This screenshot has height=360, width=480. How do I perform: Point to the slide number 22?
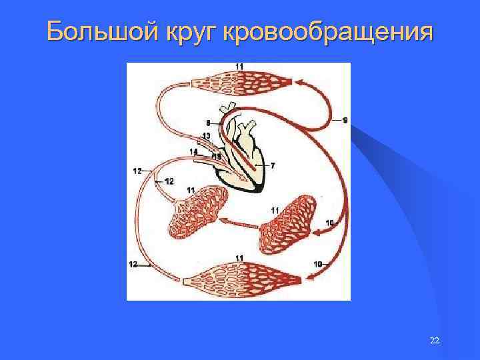tap(435, 341)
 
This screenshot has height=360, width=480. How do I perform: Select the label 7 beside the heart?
tap(272, 165)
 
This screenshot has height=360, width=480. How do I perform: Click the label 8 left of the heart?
tap(208, 123)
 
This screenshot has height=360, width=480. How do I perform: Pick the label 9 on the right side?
tap(345, 120)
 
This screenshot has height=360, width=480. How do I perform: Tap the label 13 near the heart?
tap(206, 136)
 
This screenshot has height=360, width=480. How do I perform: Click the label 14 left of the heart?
tap(193, 151)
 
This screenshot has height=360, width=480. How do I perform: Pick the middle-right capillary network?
tap(289, 221)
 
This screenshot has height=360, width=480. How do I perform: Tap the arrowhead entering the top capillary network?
tap(299, 83)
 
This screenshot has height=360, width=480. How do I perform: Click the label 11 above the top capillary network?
tap(239, 66)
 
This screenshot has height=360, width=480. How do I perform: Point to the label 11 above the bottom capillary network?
tap(239, 258)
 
